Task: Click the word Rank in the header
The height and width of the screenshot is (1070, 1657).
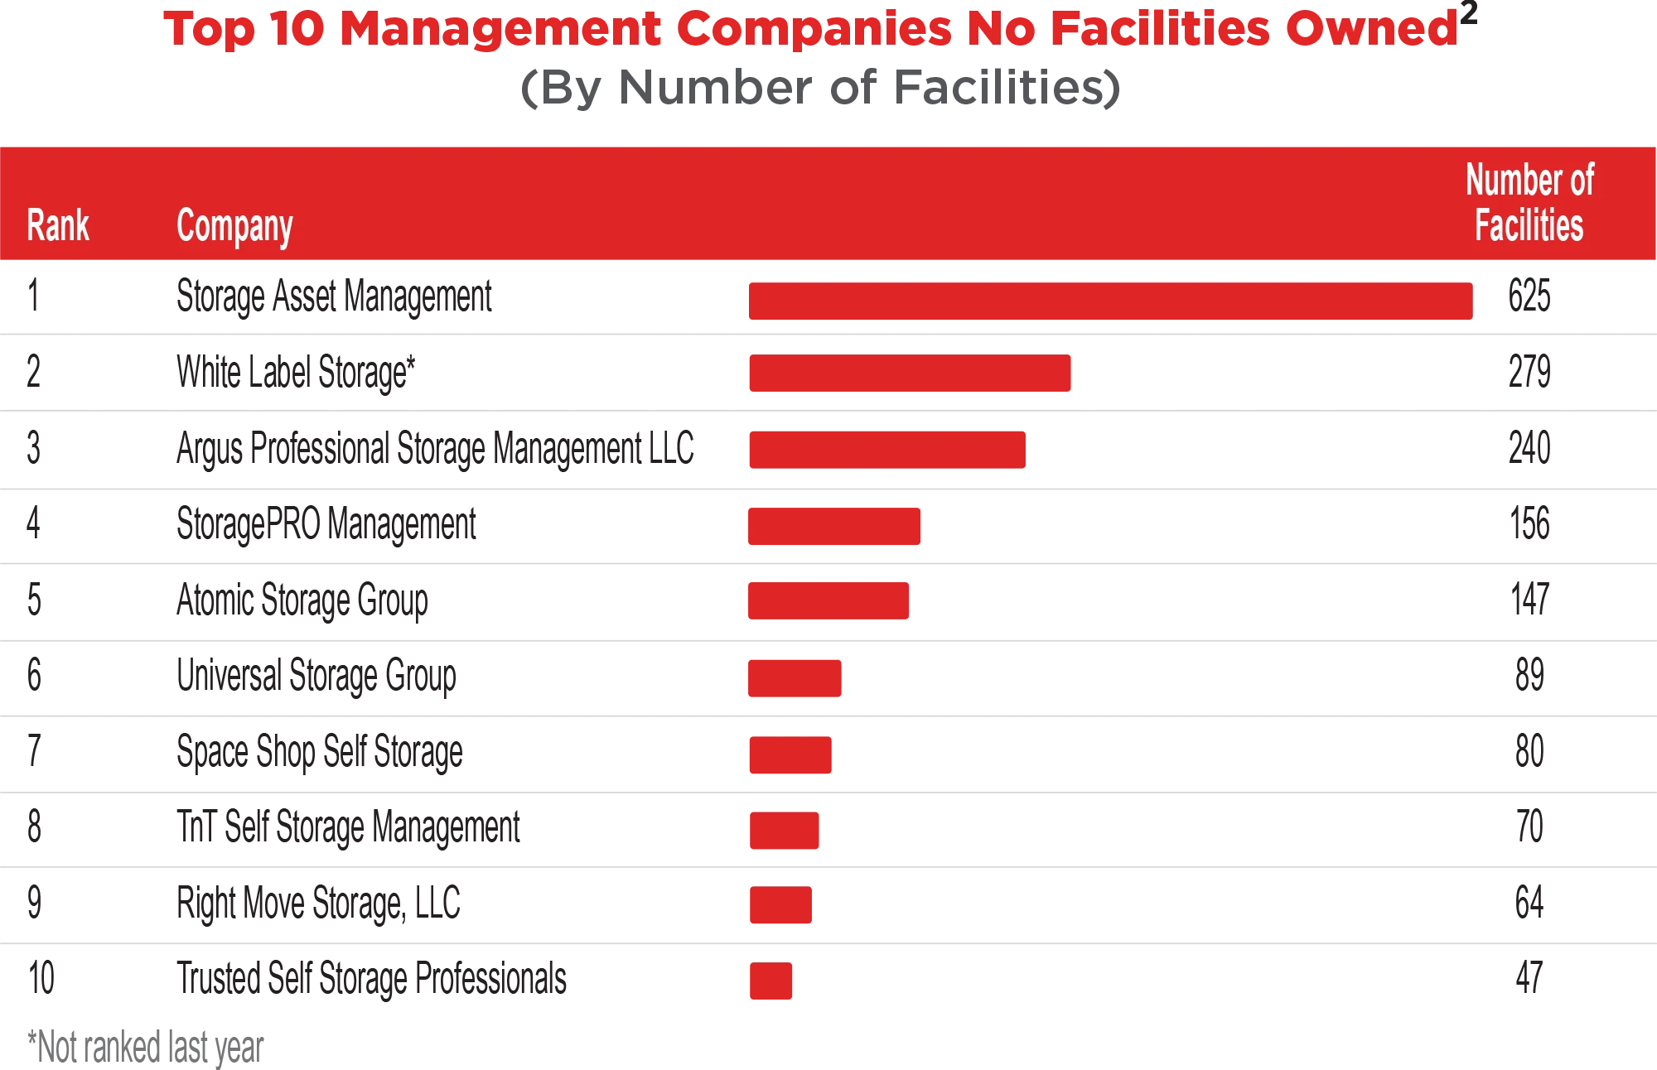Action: [x=58, y=225]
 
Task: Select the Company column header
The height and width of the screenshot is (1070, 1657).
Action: [x=234, y=227]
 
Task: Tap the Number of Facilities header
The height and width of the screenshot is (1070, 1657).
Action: [x=1529, y=203]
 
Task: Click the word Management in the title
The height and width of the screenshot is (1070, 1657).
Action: [x=502, y=28]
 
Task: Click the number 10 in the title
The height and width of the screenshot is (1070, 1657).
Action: [x=297, y=28]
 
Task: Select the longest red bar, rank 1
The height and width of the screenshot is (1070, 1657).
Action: [x=1112, y=301]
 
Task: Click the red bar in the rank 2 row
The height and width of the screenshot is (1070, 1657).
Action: [x=911, y=374]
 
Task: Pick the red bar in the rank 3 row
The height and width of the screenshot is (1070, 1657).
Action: [x=887, y=450]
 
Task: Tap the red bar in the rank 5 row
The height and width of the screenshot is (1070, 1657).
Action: [x=828, y=600]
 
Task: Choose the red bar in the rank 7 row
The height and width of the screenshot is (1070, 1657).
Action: [x=791, y=754]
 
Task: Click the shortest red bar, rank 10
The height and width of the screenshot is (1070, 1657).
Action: [x=771, y=980]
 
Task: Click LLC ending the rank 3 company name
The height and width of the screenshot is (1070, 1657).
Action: [x=672, y=447]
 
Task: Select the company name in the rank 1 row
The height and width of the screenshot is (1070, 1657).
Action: [x=334, y=296]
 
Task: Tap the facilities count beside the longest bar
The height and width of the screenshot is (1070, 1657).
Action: [x=1527, y=295]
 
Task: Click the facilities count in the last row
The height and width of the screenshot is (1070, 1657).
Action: [x=1527, y=977]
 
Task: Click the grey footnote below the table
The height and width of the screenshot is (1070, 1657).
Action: [x=145, y=1048]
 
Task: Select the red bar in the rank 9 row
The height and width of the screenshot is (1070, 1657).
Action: [x=781, y=904]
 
